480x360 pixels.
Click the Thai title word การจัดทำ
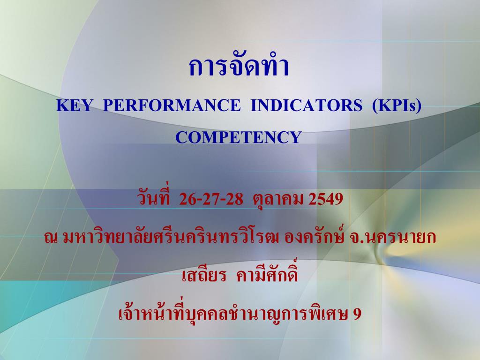[239, 66]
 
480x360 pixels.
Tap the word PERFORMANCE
[172, 105]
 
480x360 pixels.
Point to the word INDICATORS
[307, 105]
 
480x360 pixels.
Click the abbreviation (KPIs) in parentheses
[397, 105]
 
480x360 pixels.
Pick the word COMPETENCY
[239, 137]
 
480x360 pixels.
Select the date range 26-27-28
[211, 199]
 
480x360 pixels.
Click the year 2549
[326, 199]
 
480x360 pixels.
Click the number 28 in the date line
[234, 199]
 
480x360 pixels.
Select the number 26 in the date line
[187, 199]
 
